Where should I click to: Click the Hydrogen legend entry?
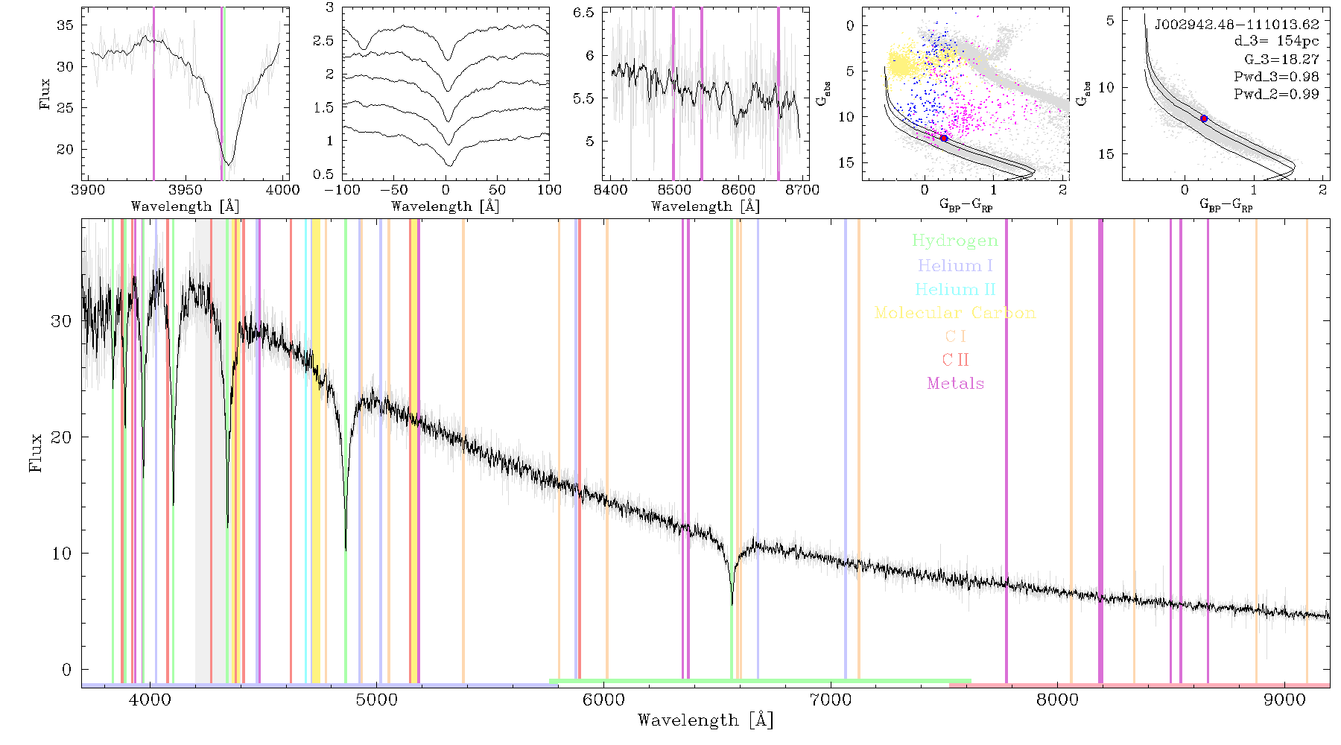pyautogui.click(x=955, y=241)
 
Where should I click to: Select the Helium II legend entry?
pyautogui.click(x=955, y=289)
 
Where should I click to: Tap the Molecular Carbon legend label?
pyautogui.click(x=955, y=313)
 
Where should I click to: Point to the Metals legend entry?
pyautogui.click(x=956, y=384)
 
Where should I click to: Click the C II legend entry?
pyautogui.click(x=956, y=360)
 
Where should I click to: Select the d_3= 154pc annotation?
pyautogui.click(x=1276, y=42)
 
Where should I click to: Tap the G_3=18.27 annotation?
pyautogui.click(x=1281, y=60)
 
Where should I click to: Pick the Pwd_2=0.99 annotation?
pyautogui.click(x=1276, y=95)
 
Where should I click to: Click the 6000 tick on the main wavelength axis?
pyautogui.click(x=603, y=700)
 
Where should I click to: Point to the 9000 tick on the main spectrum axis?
pyautogui.click(x=1284, y=700)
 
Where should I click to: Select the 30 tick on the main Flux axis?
pyautogui.click(x=61, y=321)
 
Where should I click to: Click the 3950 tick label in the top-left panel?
pyautogui.click(x=186, y=190)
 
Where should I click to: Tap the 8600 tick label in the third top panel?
pyautogui.click(x=739, y=190)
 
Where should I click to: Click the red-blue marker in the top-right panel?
pyautogui.click(x=1204, y=118)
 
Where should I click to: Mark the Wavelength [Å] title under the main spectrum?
pyautogui.click(x=706, y=720)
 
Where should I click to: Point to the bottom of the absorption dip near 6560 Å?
pyautogui.click(x=732, y=604)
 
